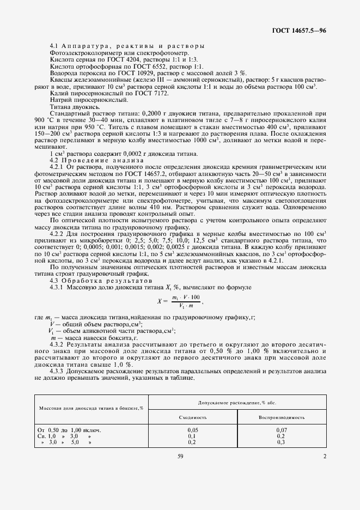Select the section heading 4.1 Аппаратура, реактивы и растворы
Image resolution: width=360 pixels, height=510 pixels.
[x=127, y=45]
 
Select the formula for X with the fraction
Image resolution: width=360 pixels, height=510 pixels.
[x=179, y=301]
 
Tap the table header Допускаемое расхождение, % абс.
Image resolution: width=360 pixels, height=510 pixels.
[x=236, y=402]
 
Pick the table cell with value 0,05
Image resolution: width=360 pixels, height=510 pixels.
[x=192, y=430]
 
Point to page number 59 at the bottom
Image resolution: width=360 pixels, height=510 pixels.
[x=180, y=457]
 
